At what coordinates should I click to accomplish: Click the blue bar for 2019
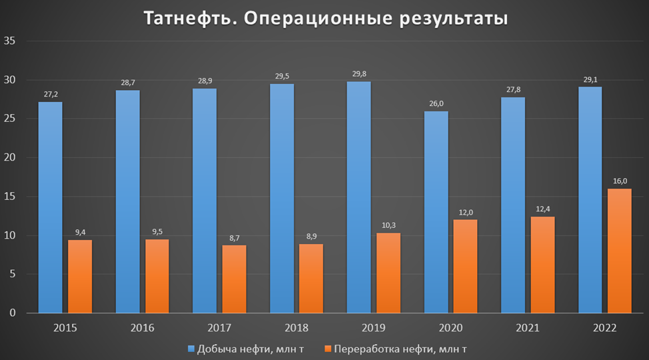click(x=358, y=197)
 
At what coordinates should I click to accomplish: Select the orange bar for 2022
click(x=619, y=251)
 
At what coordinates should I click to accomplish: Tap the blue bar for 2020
click(x=436, y=212)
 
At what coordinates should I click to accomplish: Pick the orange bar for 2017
click(x=234, y=279)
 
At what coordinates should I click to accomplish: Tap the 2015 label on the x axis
click(x=65, y=328)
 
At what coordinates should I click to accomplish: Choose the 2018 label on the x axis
click(x=297, y=328)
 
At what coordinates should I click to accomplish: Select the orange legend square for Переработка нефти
click(x=328, y=348)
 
